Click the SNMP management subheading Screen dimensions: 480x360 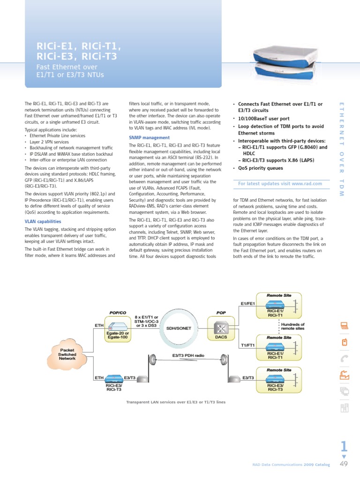[149, 137]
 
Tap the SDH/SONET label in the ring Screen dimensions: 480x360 [179, 328]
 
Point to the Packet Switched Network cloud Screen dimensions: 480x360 [67, 354]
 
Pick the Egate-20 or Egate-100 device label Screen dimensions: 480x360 [117, 335]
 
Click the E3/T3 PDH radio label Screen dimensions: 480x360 [187, 356]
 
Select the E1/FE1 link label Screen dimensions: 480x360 [247, 304]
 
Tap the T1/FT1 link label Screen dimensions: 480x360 [247, 345]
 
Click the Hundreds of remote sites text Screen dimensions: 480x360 [292, 327]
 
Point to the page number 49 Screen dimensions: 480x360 [344, 465]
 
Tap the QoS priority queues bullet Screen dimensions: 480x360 [260, 168]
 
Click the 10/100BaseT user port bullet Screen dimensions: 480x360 [263, 119]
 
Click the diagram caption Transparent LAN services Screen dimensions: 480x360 [176, 402]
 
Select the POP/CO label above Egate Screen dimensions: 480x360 [118, 312]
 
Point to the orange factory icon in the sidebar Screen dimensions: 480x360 [344, 375]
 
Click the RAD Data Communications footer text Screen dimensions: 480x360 [291, 465]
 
